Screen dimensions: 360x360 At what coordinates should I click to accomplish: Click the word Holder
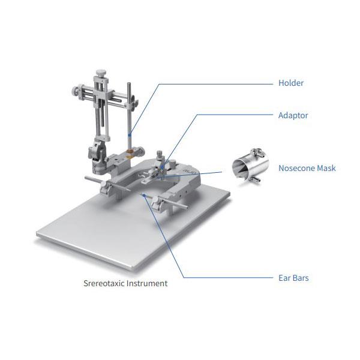(291, 83)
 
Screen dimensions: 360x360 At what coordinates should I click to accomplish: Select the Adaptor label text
(293, 115)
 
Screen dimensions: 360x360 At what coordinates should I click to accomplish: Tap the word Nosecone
(296, 168)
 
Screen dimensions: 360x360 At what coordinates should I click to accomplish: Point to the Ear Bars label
(293, 278)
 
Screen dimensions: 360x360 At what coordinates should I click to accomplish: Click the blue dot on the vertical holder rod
(130, 135)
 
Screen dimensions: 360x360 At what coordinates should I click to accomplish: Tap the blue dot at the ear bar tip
(144, 196)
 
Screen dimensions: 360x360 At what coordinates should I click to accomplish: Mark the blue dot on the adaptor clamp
(163, 167)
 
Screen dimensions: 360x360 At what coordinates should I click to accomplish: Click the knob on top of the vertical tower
(101, 73)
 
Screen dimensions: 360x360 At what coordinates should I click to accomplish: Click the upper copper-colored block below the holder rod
(130, 151)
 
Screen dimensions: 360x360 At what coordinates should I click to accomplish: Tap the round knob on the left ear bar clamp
(103, 184)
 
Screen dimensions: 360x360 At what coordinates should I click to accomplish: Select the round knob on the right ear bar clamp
(155, 199)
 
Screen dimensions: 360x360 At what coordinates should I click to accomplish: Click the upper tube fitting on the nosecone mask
(258, 152)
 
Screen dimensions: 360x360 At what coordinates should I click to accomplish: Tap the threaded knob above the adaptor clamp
(160, 154)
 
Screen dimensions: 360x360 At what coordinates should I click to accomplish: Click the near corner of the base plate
(133, 269)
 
